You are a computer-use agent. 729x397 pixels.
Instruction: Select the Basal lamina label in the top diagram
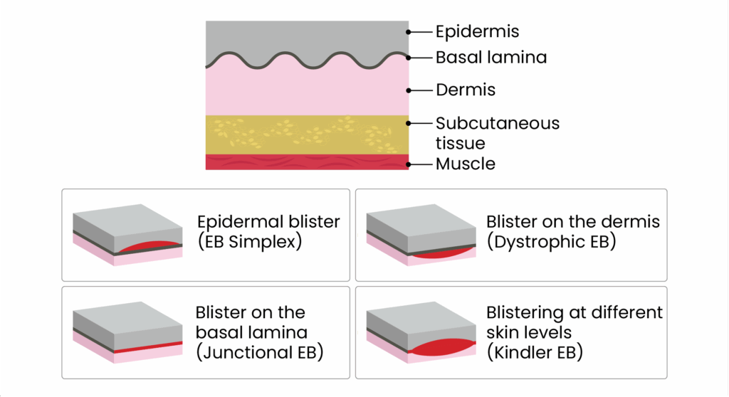(491, 58)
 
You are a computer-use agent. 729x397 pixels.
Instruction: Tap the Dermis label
(466, 90)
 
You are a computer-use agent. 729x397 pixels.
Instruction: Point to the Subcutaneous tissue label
(498, 133)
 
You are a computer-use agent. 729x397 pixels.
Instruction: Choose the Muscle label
(465, 164)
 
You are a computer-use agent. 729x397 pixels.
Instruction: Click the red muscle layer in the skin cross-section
(306, 162)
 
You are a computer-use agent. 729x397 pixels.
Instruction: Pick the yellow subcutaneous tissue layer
(306, 134)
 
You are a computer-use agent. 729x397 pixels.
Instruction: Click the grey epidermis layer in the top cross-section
(306, 36)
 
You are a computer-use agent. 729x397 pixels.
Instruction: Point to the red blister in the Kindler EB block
(441, 348)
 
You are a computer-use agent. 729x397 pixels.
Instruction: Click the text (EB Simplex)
(250, 240)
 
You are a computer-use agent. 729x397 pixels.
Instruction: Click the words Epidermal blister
(268, 221)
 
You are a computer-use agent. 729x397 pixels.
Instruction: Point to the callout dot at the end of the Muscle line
(409, 164)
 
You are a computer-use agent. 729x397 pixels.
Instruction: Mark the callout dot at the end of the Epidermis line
(409, 32)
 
